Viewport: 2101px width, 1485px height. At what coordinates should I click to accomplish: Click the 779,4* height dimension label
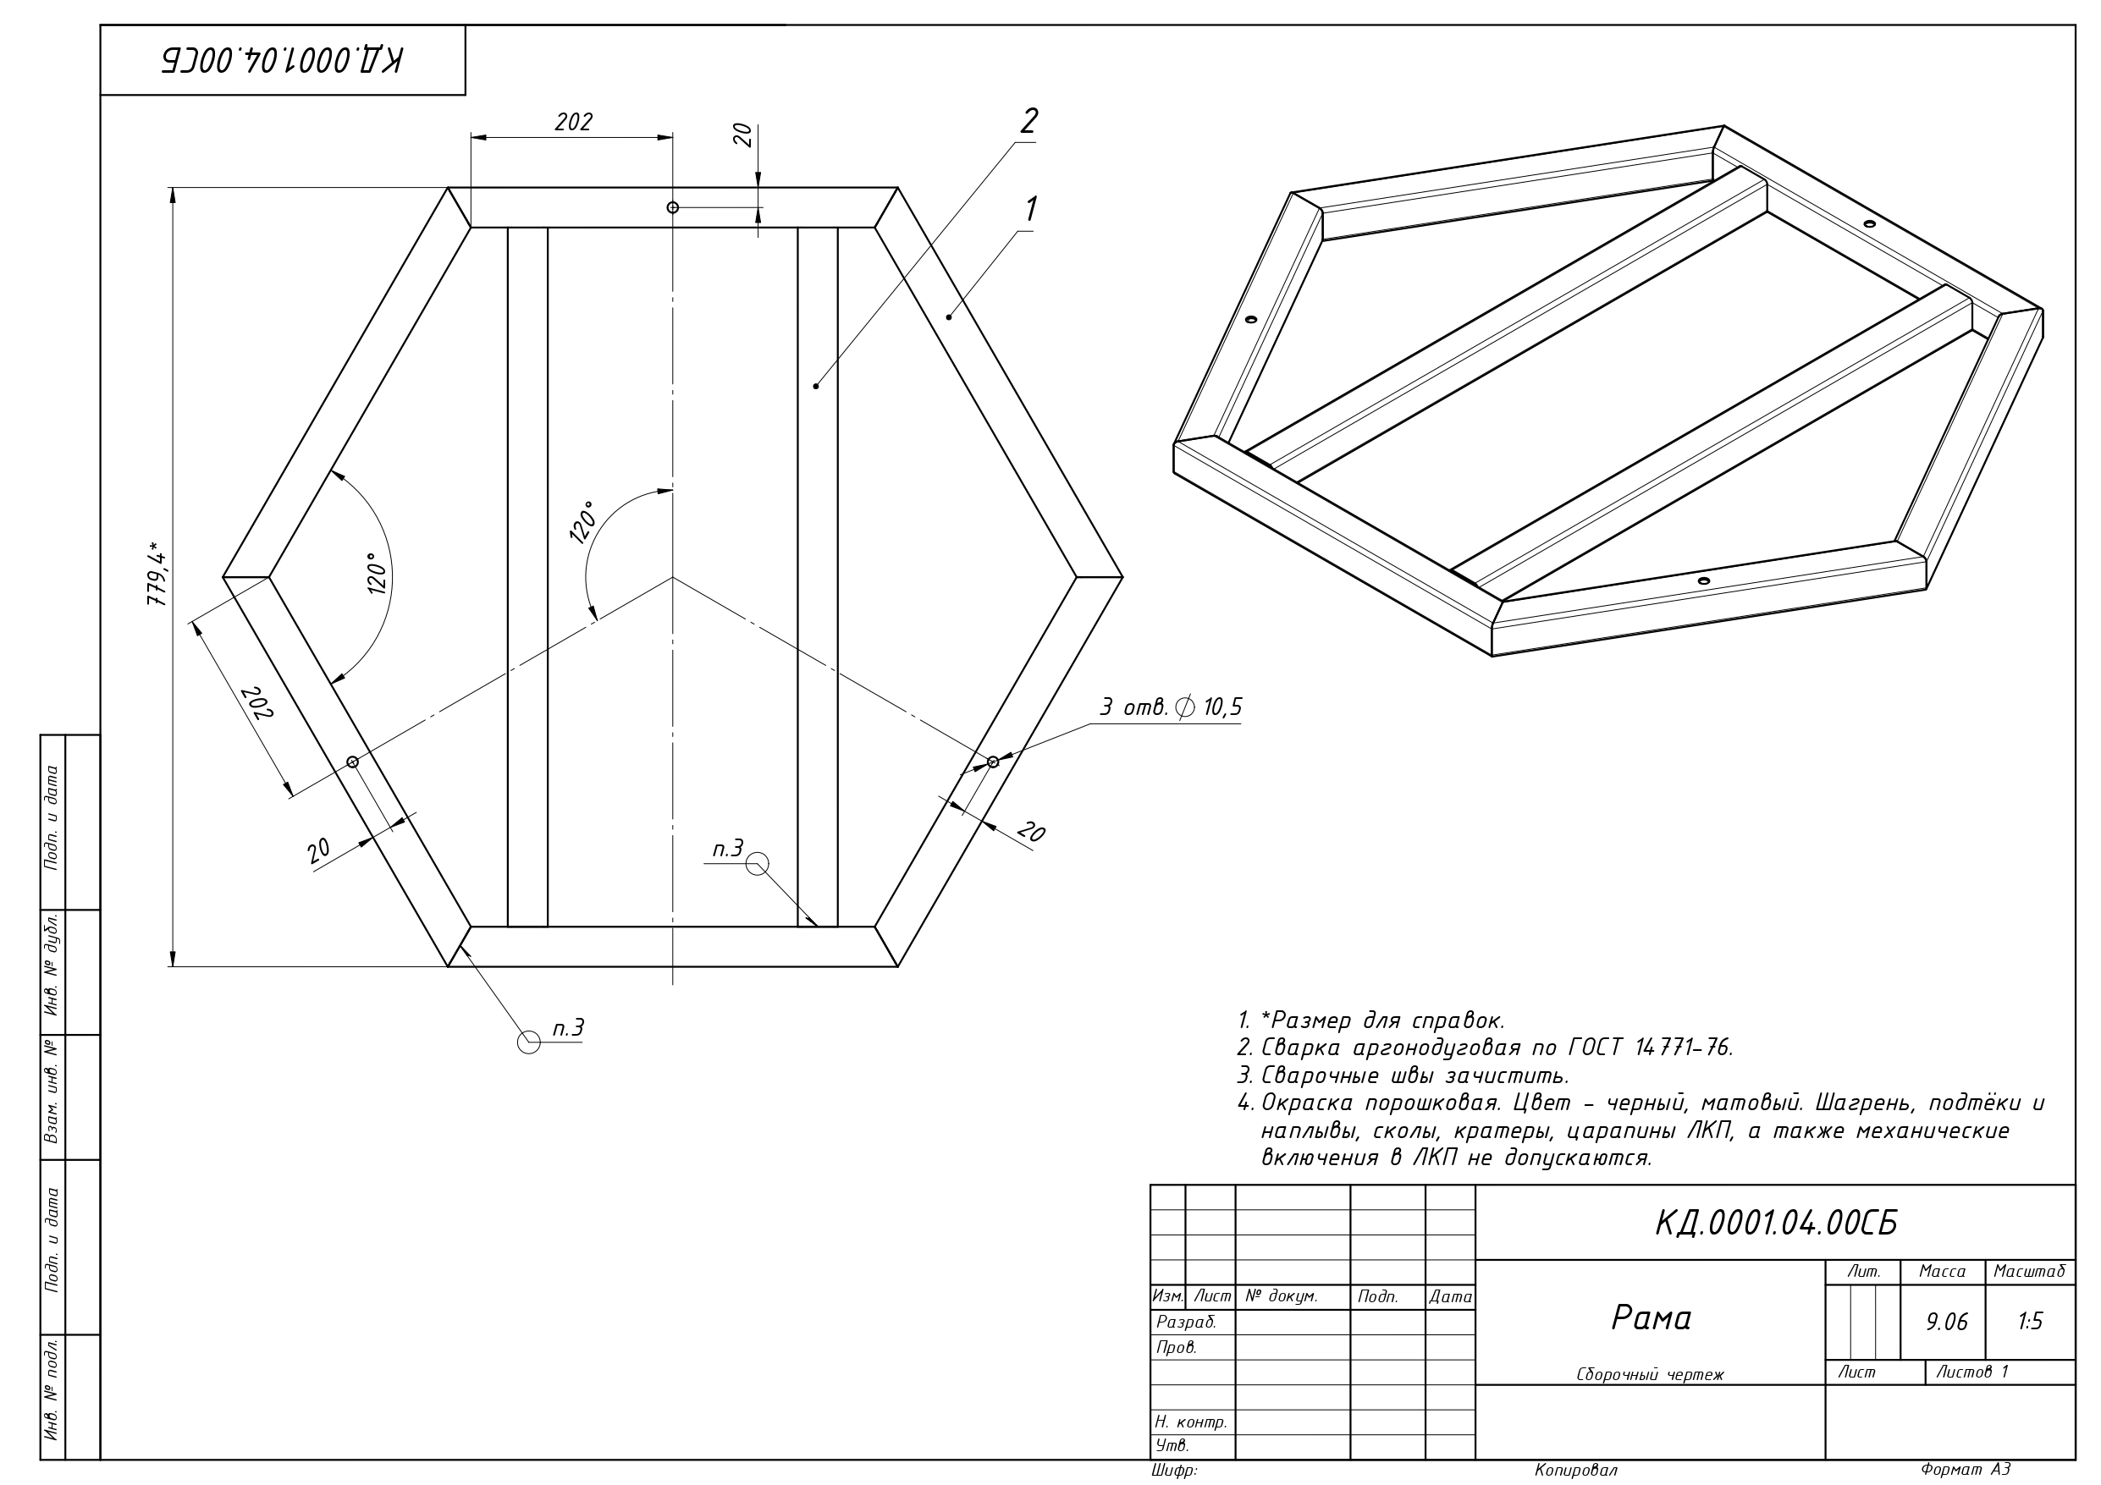[157, 575]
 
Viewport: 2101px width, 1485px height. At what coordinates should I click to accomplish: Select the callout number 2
[1029, 121]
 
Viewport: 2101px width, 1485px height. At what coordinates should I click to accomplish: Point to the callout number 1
[1030, 209]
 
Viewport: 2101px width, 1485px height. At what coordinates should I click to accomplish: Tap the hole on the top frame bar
[673, 207]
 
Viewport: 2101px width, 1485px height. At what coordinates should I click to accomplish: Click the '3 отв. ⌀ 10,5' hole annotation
[1171, 707]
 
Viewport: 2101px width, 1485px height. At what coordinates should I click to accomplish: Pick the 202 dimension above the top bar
[574, 122]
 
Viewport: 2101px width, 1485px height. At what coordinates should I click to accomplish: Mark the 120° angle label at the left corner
[377, 574]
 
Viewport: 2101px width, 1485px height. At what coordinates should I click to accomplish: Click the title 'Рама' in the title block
[1651, 1317]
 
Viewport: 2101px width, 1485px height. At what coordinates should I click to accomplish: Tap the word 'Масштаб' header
[2029, 1271]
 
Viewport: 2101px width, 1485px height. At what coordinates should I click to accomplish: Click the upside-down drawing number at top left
[283, 60]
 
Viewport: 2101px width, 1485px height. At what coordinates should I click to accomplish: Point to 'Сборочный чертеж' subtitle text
[1650, 1374]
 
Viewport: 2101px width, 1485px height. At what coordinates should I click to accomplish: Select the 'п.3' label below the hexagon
[568, 1028]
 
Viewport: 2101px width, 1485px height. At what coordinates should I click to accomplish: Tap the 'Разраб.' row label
[1186, 1323]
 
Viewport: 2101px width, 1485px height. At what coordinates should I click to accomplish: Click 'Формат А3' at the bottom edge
[1966, 1470]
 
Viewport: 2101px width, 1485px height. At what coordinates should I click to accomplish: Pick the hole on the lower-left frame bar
[352, 762]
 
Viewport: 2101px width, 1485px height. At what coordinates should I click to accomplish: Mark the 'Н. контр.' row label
[1190, 1422]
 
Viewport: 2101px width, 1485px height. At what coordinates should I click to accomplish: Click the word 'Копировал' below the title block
[1576, 1471]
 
